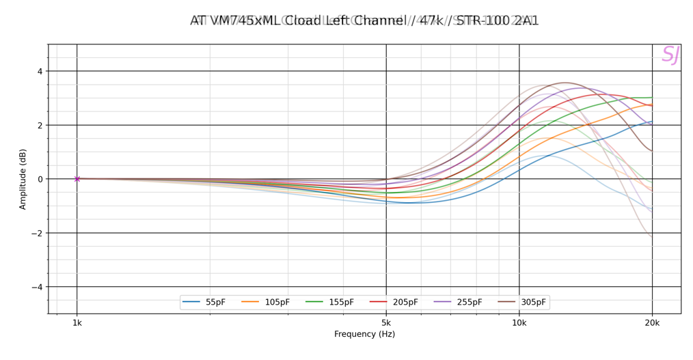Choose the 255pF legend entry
(x=455, y=303)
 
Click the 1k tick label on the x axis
(x=77, y=323)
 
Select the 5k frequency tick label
(x=386, y=323)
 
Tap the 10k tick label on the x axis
(x=519, y=323)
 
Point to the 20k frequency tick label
(x=652, y=323)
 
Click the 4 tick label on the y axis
(x=40, y=71)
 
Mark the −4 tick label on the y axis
(x=37, y=287)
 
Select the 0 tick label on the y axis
(x=40, y=179)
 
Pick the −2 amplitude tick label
(x=37, y=233)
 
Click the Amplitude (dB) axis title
(x=23, y=179)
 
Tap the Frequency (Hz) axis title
(x=364, y=335)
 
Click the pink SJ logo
(x=670, y=55)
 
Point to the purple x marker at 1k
(x=77, y=179)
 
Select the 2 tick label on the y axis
(x=40, y=125)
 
